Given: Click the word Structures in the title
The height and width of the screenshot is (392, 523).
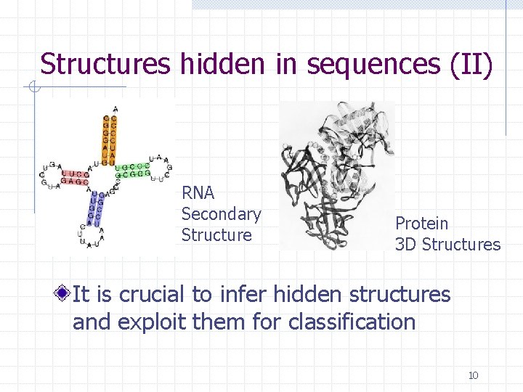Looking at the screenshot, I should [x=105, y=64].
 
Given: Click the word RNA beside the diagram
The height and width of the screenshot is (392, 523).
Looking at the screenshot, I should [x=198, y=193].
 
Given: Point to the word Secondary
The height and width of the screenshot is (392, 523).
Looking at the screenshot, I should [x=221, y=214].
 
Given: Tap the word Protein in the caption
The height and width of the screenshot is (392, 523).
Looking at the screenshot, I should [x=422, y=224].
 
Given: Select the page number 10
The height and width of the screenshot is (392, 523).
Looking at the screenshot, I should [x=473, y=375].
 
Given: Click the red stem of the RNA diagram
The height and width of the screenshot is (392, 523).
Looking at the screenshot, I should [x=76, y=178].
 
